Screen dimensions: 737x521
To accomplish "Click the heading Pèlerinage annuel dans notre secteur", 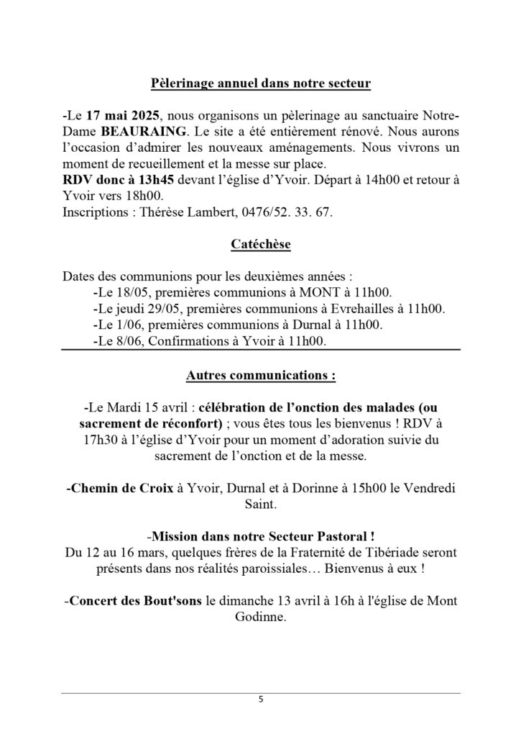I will (261, 84).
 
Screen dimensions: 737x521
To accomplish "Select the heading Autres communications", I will (261, 376).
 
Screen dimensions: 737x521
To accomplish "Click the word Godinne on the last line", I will (261, 618).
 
